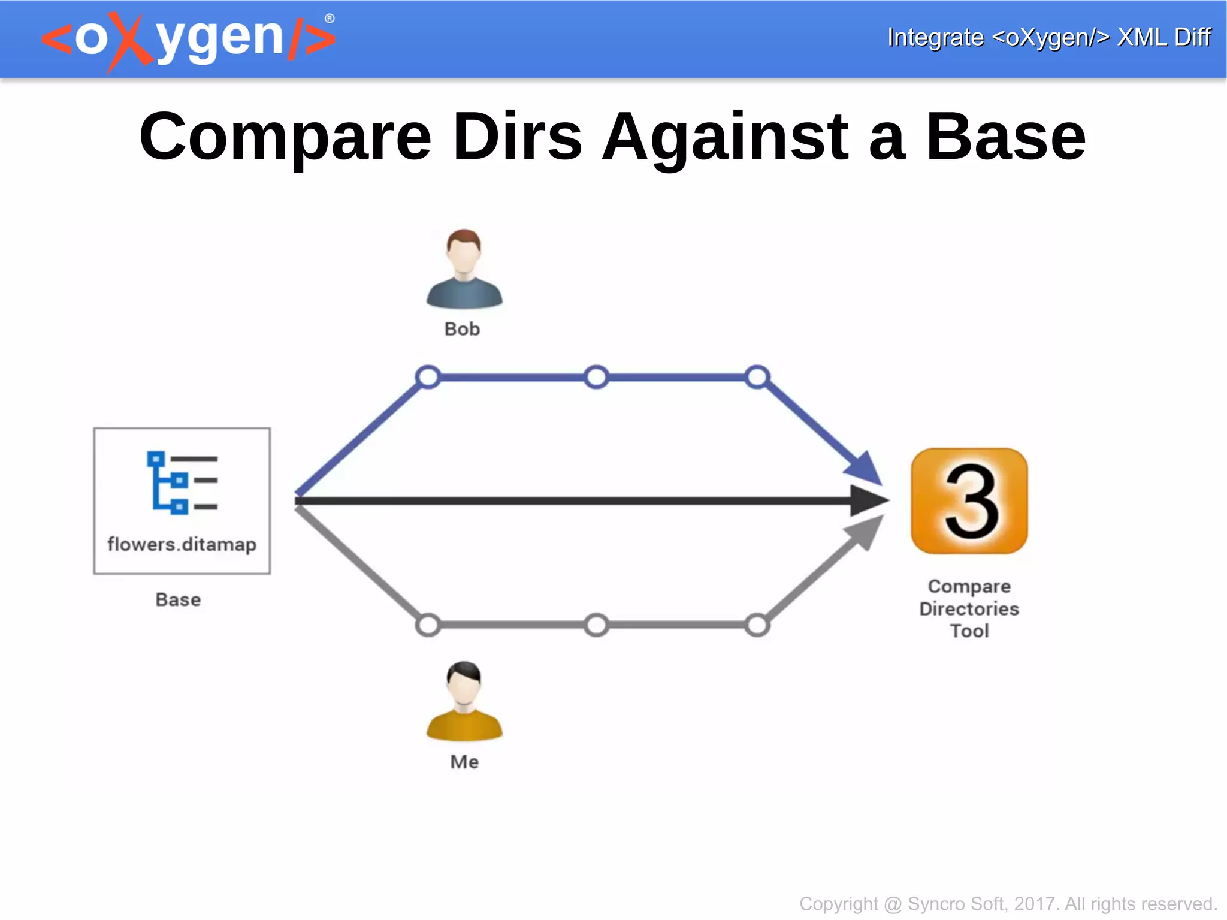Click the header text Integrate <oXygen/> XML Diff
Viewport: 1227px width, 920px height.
click(x=1048, y=37)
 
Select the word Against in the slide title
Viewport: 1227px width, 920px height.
click(x=725, y=137)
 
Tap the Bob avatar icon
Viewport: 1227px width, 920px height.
click(x=464, y=269)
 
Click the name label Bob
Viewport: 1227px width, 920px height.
click(x=462, y=329)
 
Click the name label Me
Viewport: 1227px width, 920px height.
click(x=464, y=762)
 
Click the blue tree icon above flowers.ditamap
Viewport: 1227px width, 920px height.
click(x=182, y=482)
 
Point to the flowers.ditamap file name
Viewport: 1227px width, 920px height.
click(x=182, y=544)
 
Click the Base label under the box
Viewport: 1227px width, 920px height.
click(x=178, y=599)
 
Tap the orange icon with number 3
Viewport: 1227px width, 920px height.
click(x=969, y=501)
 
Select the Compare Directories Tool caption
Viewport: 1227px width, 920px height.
click(x=969, y=608)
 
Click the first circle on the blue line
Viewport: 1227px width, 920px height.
click(x=428, y=377)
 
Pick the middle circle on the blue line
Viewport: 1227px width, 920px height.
click(x=596, y=377)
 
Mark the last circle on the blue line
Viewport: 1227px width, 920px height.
click(x=757, y=377)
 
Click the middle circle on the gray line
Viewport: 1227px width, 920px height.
click(x=596, y=625)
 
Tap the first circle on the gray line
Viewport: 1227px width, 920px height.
click(x=428, y=625)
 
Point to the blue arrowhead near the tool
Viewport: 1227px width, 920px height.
click(x=863, y=467)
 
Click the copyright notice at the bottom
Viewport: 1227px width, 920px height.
click(x=1008, y=903)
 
